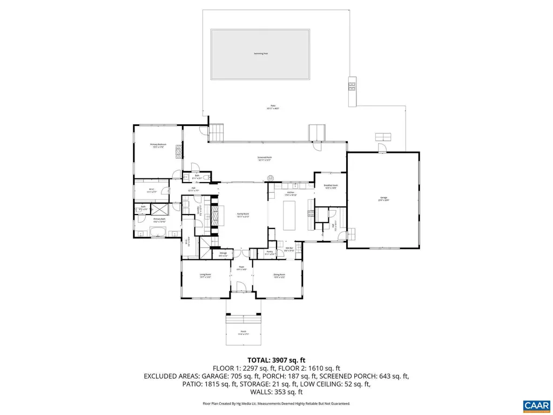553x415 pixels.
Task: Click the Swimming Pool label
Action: (261, 53)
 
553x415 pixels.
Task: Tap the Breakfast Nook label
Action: (331, 186)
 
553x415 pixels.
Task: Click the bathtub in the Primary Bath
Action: (159, 233)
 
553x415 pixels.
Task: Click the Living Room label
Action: (205, 276)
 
